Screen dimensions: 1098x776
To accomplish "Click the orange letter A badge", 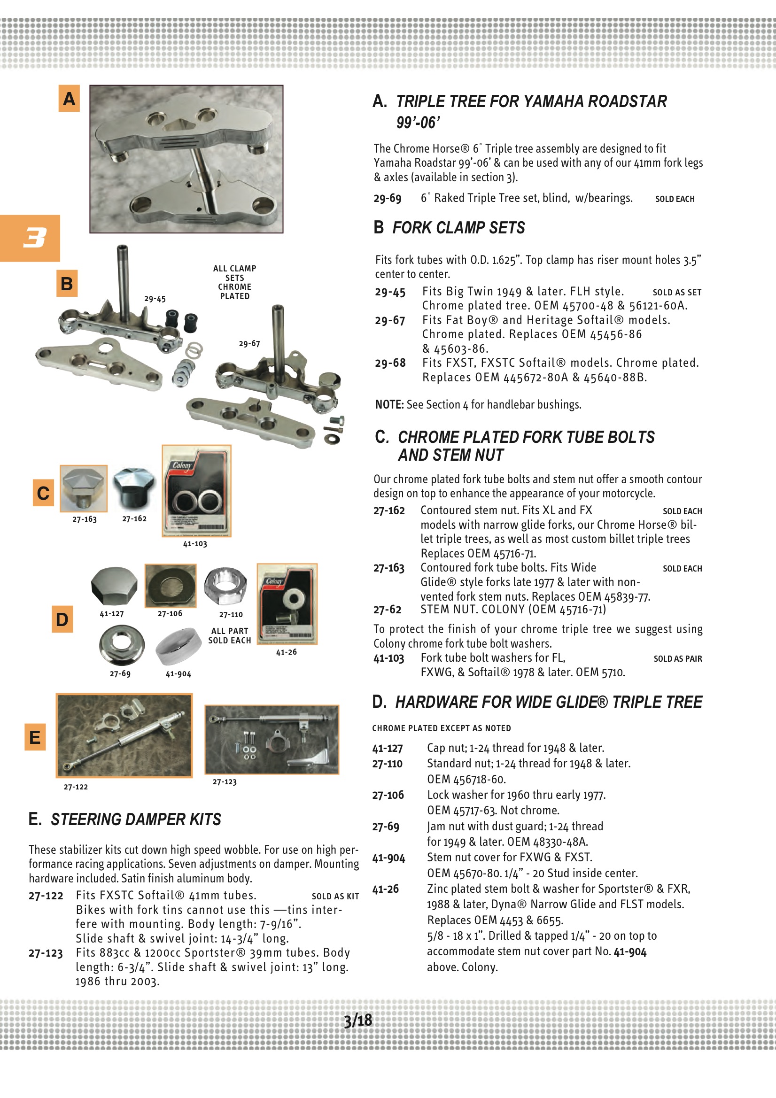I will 69,99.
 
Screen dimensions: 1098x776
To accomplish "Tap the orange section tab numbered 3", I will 30,238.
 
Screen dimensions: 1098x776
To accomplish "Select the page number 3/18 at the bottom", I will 358,1020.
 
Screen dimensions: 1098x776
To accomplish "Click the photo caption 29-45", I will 155,299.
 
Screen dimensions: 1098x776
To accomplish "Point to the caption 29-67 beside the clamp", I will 249,343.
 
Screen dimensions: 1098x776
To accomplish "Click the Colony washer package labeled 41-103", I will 197,491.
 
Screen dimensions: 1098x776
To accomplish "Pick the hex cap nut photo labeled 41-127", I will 114,585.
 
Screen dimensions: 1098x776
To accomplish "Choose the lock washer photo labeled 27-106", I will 171,585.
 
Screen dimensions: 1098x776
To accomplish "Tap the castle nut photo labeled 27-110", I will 226,586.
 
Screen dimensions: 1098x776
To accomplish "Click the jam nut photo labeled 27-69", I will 122,646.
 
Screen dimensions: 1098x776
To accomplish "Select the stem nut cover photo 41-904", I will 178,646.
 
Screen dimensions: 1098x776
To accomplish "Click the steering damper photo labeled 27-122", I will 124,735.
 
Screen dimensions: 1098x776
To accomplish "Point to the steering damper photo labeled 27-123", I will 272,739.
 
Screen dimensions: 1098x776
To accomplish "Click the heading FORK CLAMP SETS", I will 458,228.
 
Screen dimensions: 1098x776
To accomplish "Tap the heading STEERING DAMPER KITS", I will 136,819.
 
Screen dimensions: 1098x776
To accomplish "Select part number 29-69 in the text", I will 388,199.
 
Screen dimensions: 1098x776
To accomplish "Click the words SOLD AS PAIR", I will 677,658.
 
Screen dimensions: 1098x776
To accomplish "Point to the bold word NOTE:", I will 389,404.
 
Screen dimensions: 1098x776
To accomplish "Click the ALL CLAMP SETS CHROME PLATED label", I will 234,282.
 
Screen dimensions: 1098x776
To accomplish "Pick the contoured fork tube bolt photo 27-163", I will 84,488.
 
